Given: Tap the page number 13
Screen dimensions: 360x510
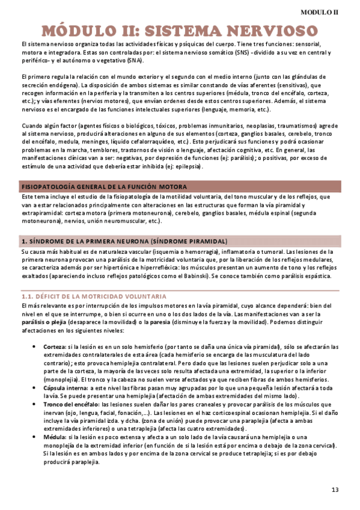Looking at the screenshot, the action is click(335, 490).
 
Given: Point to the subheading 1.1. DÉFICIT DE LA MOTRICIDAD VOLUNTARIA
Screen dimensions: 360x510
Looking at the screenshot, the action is click(94, 296).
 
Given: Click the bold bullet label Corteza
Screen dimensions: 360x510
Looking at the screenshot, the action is click(55, 347).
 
